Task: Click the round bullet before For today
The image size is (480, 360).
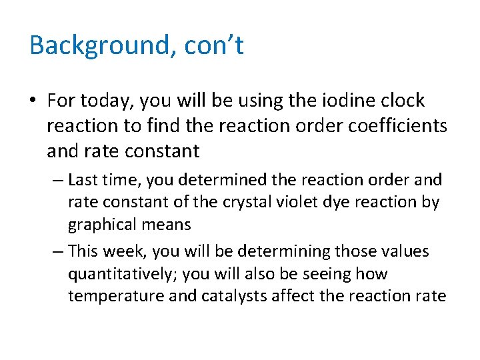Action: point(34,101)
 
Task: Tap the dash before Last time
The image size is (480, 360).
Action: point(58,180)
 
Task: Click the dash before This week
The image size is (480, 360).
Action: point(58,252)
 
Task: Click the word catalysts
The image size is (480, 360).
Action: point(229,296)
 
